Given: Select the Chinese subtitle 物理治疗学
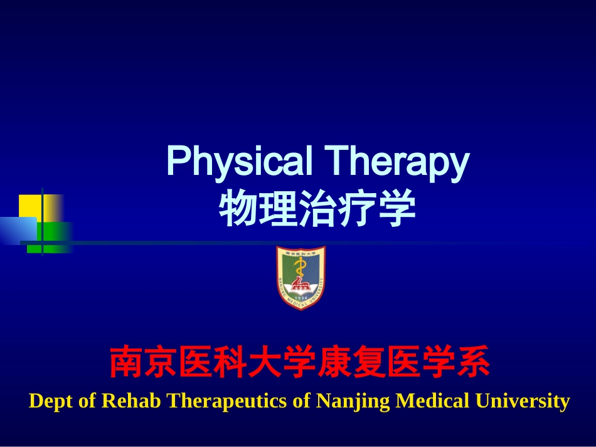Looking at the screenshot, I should click(317, 209).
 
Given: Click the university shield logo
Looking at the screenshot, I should click(301, 277).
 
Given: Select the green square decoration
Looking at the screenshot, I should click(55, 236).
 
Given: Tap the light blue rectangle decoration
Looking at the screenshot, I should click(18, 230).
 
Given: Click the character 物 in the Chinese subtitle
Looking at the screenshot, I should click(235, 209).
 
